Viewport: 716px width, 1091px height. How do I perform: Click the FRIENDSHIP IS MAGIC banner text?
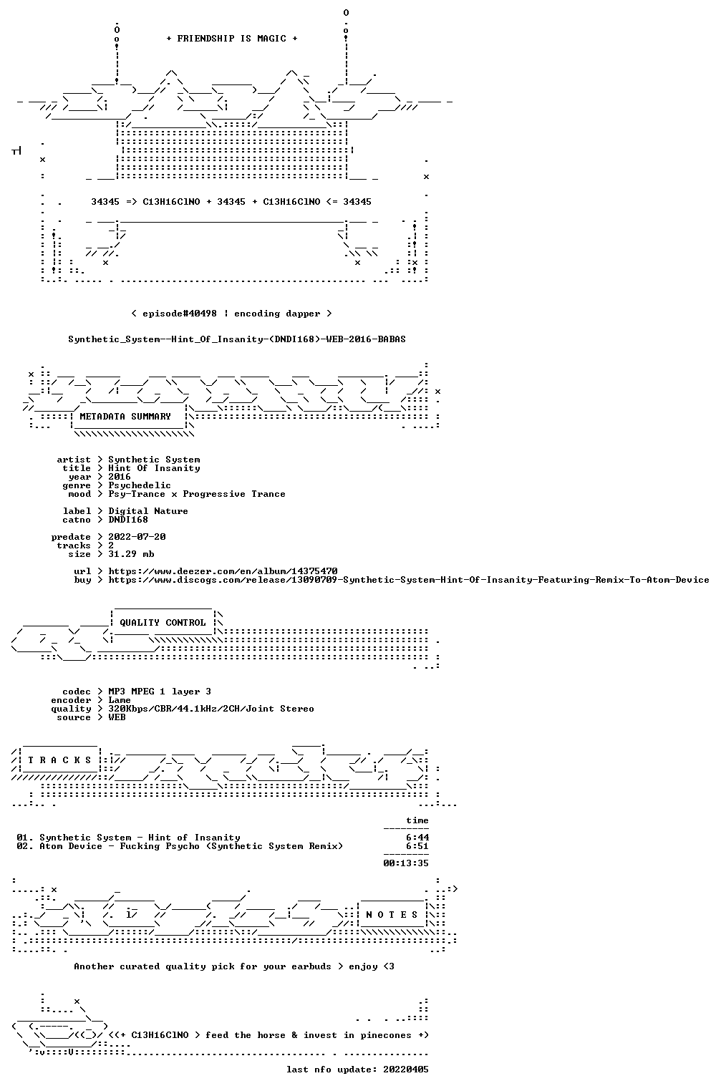[232, 39]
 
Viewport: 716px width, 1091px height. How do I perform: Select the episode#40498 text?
[180, 314]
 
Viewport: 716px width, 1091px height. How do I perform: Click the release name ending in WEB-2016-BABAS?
[237, 339]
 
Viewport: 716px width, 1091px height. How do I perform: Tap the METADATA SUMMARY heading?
[125, 417]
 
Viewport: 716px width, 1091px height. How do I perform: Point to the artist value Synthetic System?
[154, 460]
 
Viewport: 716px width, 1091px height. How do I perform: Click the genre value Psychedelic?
[140, 485]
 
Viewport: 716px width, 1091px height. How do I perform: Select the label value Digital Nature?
[148, 511]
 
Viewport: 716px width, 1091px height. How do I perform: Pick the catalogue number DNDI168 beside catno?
[128, 520]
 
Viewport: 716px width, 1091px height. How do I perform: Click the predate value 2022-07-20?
[137, 537]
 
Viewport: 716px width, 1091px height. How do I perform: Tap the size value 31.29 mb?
[131, 554]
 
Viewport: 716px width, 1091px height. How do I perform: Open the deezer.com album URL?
[223, 571]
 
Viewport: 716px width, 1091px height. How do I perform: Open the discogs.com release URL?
[409, 580]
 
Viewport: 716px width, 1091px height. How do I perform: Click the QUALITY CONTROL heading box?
[163, 622]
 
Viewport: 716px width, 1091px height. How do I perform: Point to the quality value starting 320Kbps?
[211, 709]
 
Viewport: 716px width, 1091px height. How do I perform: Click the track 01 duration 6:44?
[417, 838]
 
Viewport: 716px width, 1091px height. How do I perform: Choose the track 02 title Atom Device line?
[180, 846]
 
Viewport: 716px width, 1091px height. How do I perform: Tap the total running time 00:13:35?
[406, 863]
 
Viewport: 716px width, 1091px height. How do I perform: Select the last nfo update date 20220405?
[406, 1070]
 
